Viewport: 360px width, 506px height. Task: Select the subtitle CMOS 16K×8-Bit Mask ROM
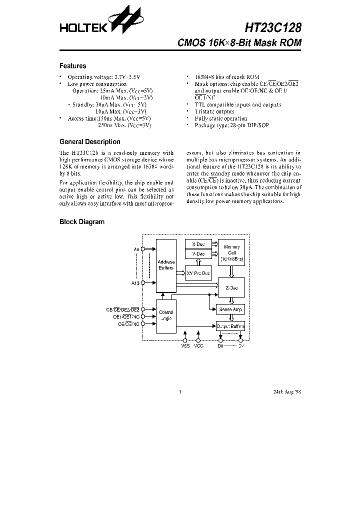[239, 43]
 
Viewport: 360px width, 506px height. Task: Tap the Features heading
[72, 66]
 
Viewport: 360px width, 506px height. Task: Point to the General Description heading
[89, 141]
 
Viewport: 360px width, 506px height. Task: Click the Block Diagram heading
[82, 221]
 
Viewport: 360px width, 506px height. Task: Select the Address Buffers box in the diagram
[166, 265]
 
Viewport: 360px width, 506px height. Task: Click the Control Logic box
[166, 315]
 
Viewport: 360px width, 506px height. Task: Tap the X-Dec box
[198, 244]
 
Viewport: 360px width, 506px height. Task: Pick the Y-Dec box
[198, 254]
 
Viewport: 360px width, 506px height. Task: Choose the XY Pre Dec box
[198, 273]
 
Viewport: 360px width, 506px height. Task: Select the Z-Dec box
[231, 288]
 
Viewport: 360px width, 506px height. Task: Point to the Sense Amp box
[230, 309]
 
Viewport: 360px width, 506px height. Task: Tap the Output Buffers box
[230, 326]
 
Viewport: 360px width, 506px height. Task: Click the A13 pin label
[135, 283]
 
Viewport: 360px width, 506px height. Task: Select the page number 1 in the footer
[179, 392]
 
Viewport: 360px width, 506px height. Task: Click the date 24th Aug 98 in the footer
[287, 392]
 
